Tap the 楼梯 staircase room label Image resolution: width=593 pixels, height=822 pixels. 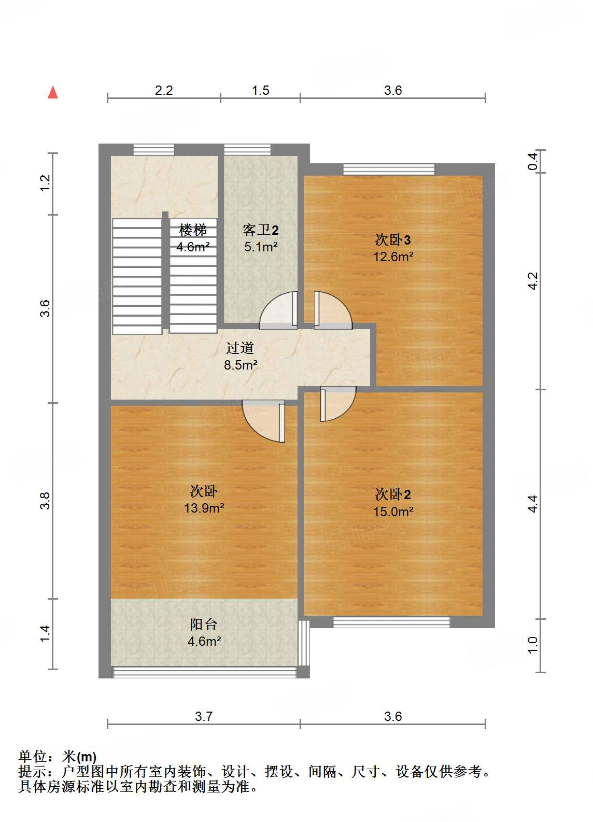193,230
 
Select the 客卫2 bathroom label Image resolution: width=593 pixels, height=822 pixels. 261,230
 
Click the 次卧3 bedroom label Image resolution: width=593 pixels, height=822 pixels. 393,239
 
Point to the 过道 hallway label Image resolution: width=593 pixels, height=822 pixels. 240,348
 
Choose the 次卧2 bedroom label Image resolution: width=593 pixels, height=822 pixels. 393,494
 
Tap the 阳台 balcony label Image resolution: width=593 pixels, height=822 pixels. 204,624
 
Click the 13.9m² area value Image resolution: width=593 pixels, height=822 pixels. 204,508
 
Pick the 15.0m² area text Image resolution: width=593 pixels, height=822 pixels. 393,512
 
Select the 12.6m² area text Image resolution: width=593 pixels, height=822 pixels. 393,257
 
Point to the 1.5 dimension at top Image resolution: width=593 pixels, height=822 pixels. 261,90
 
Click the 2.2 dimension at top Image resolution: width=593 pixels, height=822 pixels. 164,90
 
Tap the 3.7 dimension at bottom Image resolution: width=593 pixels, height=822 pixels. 204,716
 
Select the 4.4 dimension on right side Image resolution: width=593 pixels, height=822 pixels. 533,504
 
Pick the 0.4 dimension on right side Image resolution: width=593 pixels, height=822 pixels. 533,162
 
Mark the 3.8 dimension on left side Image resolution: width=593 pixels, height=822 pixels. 46,501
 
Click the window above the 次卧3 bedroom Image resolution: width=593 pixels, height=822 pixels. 389,169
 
